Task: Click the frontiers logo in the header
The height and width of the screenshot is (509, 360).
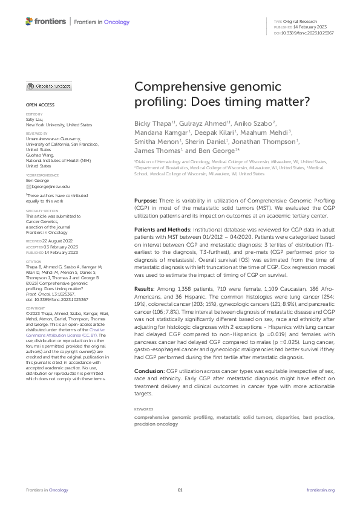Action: [45, 22]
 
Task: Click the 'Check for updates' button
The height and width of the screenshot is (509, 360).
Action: [48, 86]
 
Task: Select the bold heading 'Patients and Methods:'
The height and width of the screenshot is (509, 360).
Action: [162, 230]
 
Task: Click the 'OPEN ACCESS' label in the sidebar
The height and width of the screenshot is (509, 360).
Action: [38, 105]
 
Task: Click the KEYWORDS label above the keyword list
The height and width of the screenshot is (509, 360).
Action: [143, 409]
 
